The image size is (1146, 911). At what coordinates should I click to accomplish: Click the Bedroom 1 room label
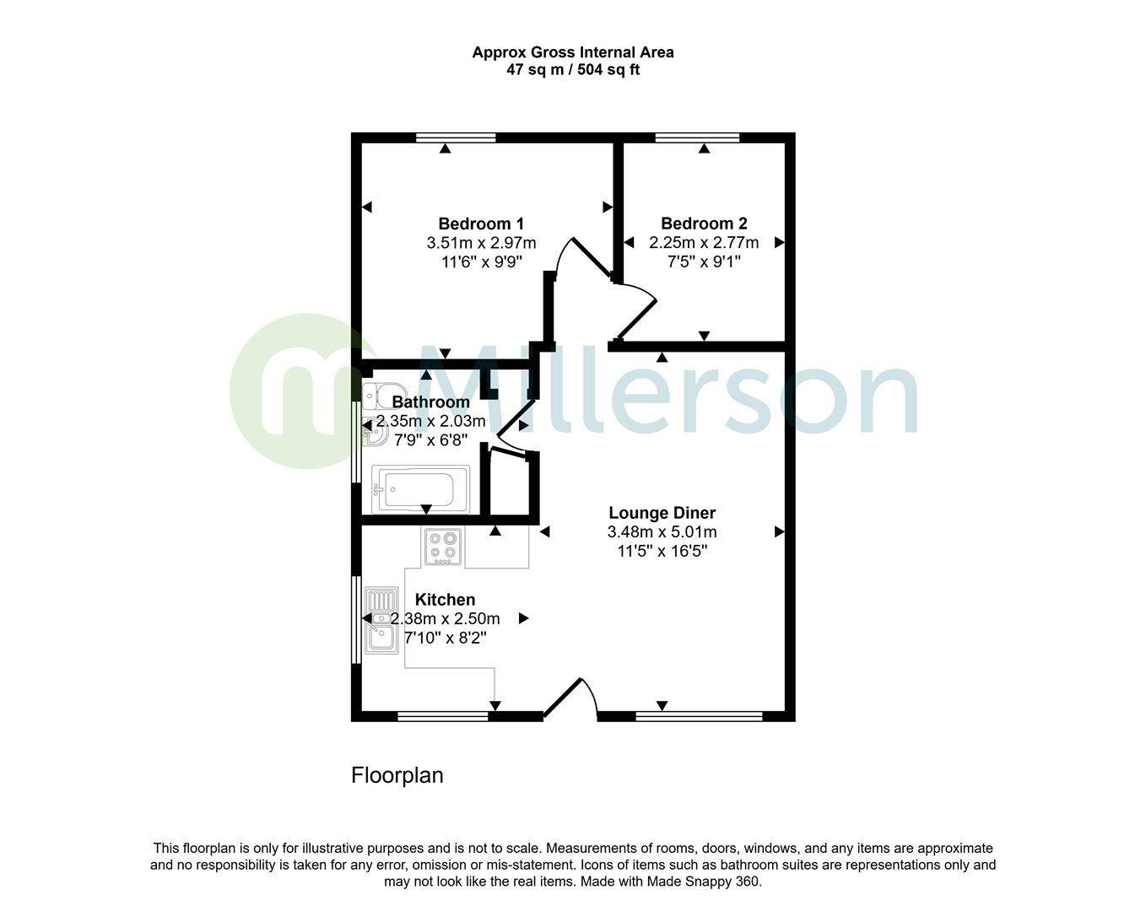click(x=481, y=224)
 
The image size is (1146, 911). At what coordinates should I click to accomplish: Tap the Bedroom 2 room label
click(x=704, y=224)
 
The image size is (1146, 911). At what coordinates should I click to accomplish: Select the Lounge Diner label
click(x=662, y=513)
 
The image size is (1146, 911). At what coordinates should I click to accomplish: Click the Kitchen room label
click(x=445, y=600)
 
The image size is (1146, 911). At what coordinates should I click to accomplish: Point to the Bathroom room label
click(x=430, y=402)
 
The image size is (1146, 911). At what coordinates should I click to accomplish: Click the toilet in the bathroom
click(x=384, y=395)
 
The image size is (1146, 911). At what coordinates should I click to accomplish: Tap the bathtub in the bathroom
click(x=420, y=489)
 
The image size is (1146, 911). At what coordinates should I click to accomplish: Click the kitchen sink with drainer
click(x=381, y=622)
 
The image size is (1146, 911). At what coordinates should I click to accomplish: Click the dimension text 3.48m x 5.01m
click(x=662, y=532)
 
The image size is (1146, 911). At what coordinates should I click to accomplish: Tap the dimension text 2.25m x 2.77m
click(x=704, y=243)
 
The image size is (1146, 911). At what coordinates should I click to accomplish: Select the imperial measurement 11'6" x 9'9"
click(x=481, y=262)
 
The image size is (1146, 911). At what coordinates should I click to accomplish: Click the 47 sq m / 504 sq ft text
click(x=572, y=70)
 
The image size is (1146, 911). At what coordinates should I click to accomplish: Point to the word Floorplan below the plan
click(x=397, y=775)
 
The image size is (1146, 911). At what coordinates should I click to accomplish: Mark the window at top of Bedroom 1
click(x=456, y=137)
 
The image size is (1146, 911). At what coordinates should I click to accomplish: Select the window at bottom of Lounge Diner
click(x=699, y=717)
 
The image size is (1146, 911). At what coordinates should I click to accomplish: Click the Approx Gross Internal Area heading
click(x=572, y=52)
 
